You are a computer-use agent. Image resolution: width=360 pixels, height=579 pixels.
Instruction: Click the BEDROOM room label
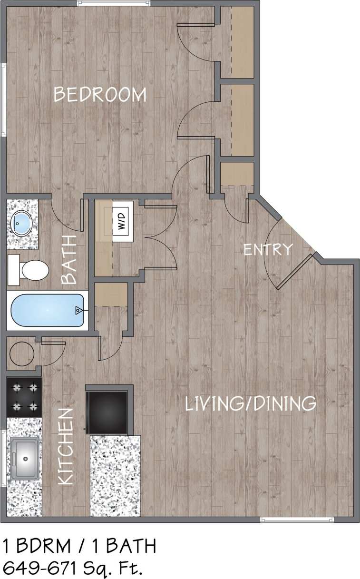point(100,94)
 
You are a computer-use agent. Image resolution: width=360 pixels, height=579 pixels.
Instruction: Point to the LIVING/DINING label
point(250,404)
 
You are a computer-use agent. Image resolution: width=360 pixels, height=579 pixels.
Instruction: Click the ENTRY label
point(267,249)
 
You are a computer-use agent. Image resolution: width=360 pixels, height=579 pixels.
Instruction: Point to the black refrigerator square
point(107,411)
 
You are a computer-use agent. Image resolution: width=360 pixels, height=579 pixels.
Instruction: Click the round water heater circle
point(22,353)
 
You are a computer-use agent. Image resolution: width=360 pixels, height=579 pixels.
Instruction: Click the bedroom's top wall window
point(114,3)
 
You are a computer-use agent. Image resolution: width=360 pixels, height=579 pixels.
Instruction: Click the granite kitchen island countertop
point(116,476)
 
